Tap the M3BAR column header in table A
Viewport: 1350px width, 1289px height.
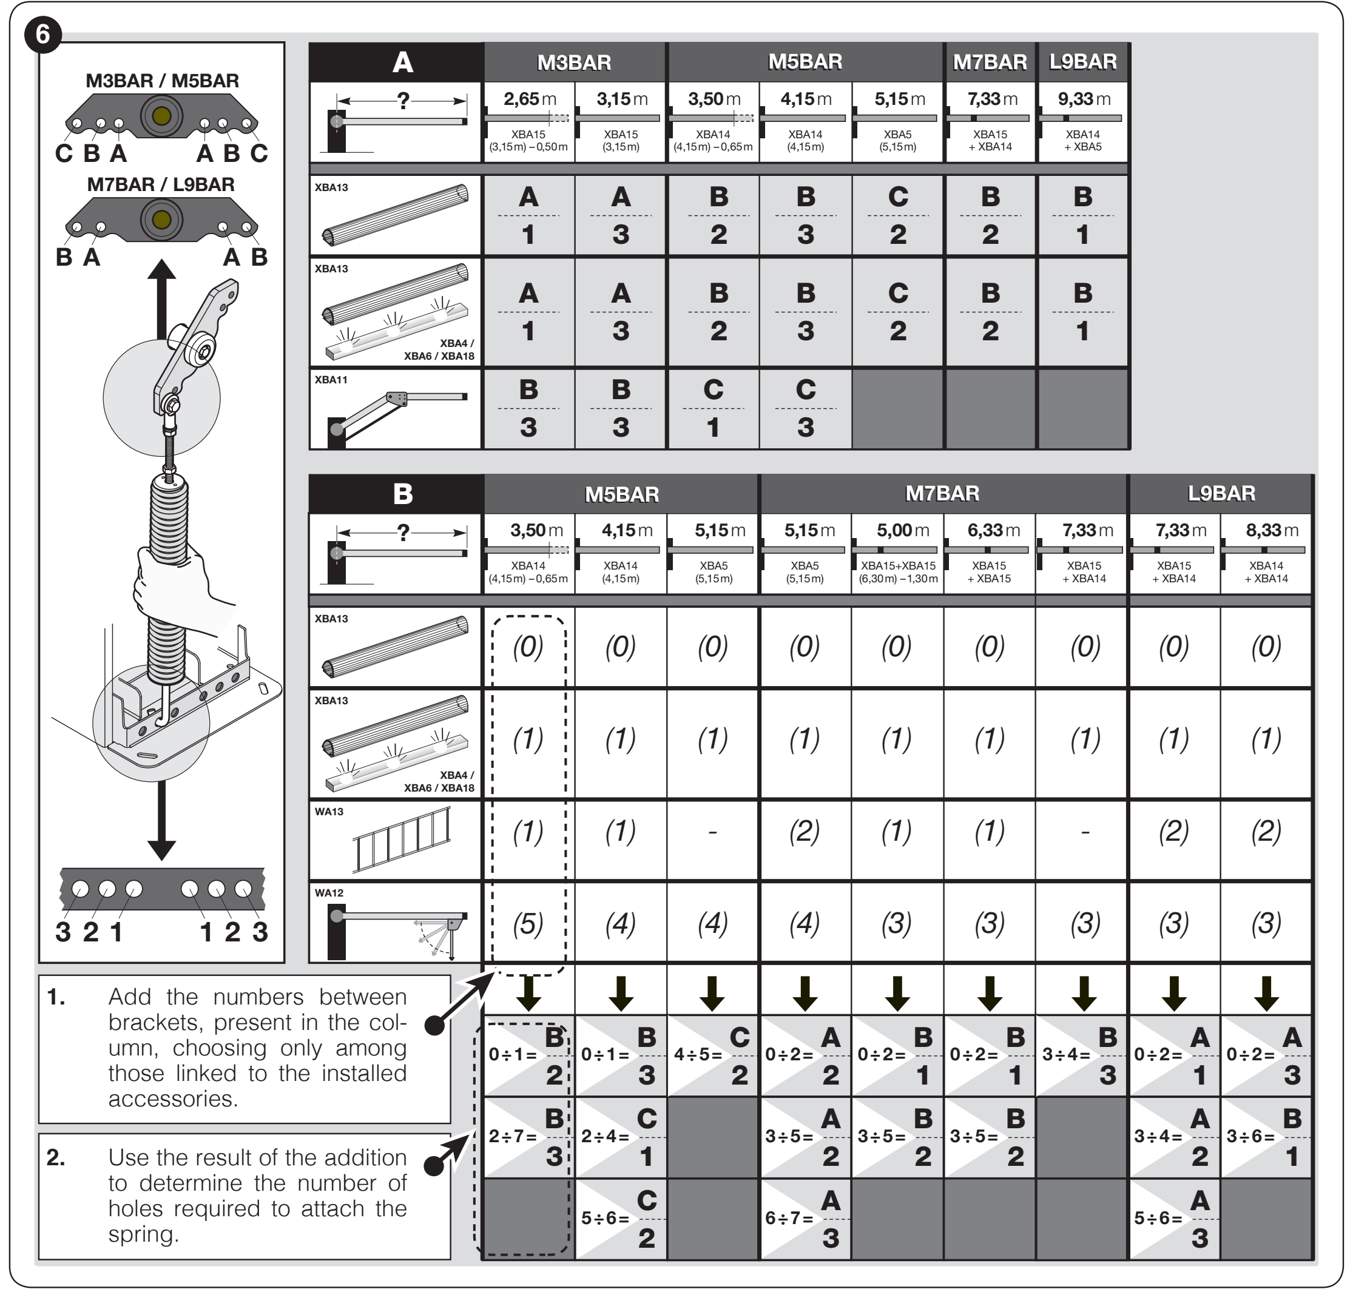[575, 62]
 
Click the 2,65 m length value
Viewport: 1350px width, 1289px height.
[529, 99]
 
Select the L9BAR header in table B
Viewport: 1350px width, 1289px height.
[1221, 493]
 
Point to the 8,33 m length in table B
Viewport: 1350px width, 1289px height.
[1272, 530]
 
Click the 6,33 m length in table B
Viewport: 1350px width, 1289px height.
[993, 530]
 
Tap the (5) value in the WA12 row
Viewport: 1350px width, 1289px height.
[528, 923]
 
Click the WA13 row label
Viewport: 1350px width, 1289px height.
[329, 812]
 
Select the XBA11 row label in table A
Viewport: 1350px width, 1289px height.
[331, 379]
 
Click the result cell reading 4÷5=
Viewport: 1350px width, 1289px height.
[713, 1055]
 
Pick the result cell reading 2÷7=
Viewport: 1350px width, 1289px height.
[528, 1137]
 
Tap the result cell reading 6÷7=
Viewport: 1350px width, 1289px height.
[805, 1219]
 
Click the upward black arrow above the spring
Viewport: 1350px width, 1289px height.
[161, 299]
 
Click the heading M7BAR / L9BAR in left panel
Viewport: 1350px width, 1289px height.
[161, 184]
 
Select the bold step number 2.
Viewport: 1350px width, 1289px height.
[56, 1158]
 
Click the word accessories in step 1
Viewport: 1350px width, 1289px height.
[172, 1099]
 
